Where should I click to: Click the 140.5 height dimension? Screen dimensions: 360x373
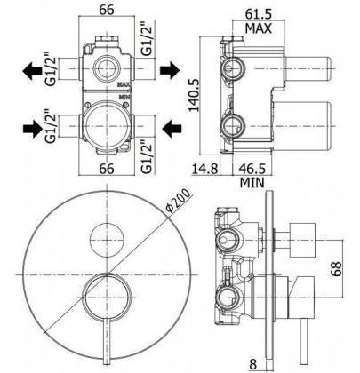[194, 95]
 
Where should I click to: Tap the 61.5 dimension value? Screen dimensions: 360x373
[259, 13]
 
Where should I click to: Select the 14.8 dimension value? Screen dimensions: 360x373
[205, 169]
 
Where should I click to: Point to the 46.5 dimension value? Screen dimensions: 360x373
[252, 169]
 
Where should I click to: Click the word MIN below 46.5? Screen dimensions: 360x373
[252, 183]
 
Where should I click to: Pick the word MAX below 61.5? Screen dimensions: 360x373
[259, 28]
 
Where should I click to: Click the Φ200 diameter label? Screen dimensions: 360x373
[179, 201]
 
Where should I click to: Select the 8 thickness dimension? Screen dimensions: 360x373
[253, 363]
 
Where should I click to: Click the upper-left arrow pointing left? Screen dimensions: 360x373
[32, 71]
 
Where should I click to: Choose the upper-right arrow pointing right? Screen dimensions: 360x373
[170, 70]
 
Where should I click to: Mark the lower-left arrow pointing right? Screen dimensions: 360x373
[33, 129]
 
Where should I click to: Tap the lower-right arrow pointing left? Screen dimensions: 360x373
[172, 129]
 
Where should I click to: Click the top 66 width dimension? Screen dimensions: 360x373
[107, 10]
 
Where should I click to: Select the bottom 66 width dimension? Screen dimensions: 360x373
[107, 169]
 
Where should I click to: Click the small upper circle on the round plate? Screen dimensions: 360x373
[108, 239]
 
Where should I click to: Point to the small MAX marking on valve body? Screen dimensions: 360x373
[124, 84]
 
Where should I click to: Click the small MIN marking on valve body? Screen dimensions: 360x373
[124, 97]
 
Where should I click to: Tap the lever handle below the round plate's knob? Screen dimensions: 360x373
[107, 342]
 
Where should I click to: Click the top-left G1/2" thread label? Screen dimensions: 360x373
[51, 69]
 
